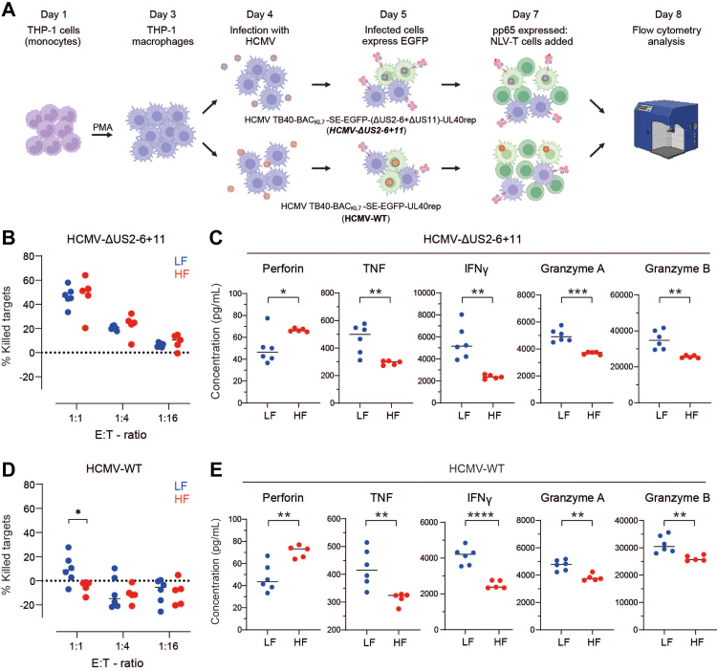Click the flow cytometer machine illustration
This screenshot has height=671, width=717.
(x=665, y=126)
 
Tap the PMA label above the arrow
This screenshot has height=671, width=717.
(x=102, y=127)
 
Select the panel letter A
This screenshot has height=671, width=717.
(x=9, y=10)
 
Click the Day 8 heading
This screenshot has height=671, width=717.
(x=667, y=14)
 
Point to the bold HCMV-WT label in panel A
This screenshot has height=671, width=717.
(x=367, y=219)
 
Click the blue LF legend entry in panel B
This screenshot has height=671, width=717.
(x=181, y=261)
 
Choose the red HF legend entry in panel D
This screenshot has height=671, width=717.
(x=182, y=499)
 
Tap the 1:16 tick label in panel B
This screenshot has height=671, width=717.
(x=168, y=418)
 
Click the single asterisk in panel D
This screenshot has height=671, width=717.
(x=78, y=513)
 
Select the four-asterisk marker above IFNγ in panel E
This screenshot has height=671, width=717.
(x=481, y=515)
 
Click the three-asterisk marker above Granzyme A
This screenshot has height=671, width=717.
(x=578, y=292)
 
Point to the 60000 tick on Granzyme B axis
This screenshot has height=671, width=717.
(x=621, y=295)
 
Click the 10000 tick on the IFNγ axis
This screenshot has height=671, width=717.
(x=424, y=292)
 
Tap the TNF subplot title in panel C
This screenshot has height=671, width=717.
(x=374, y=269)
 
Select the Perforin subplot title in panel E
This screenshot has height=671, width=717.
(x=283, y=497)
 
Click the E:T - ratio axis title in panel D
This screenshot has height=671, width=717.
(x=118, y=662)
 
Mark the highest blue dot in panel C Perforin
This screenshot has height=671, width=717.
(x=268, y=318)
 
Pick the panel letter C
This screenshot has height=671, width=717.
(x=216, y=238)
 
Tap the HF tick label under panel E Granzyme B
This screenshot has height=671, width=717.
(x=697, y=642)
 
